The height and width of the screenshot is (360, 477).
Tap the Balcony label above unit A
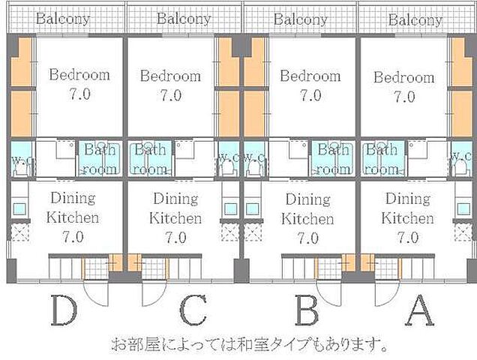[x=415, y=19]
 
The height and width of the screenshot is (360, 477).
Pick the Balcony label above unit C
[x=184, y=19]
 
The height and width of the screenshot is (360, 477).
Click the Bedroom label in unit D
[x=79, y=75]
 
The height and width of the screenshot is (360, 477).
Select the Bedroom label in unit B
[x=310, y=76]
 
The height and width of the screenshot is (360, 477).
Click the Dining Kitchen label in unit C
[x=175, y=209]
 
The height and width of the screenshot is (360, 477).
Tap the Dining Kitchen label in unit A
[x=407, y=209]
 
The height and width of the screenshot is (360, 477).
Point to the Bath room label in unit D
[x=99, y=159]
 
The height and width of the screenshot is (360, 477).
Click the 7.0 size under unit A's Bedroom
[x=403, y=96]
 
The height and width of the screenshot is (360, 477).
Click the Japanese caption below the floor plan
[x=250, y=346]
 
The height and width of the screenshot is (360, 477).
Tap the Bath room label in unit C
[x=150, y=159]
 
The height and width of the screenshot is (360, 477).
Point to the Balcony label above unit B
[x=300, y=19]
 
